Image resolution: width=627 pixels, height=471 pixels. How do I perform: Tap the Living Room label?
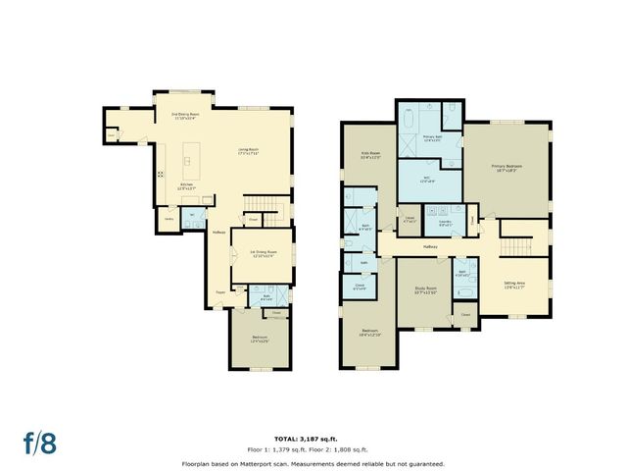(253, 151)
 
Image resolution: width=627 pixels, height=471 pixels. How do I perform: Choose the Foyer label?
(221, 290)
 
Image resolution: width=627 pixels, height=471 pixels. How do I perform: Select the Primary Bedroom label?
(506, 169)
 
